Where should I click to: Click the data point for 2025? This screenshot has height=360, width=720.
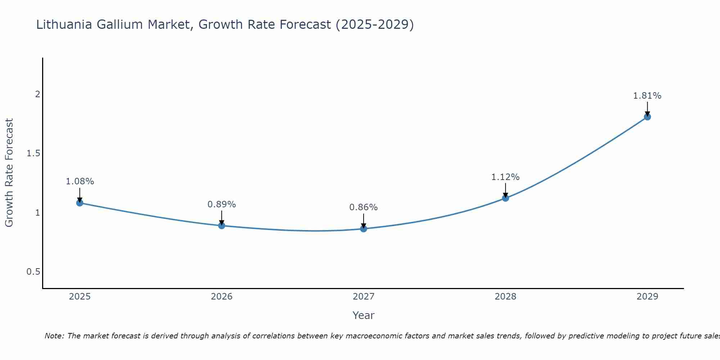point(80,203)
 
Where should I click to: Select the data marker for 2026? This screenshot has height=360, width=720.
point(222,226)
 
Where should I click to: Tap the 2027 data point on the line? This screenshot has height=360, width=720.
point(364,229)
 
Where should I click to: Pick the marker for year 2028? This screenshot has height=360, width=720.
point(505,198)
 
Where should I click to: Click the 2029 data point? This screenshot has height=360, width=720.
point(647,117)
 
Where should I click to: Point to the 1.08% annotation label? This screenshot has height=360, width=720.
point(80,181)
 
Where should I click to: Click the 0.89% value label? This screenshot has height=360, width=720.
point(222,204)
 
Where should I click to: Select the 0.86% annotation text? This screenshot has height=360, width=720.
point(364,207)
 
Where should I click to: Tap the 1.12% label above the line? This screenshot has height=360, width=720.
point(505,177)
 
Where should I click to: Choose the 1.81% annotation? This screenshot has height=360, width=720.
point(647,96)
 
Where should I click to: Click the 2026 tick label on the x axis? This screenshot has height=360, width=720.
point(222,297)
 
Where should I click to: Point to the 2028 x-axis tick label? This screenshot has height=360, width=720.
point(505,297)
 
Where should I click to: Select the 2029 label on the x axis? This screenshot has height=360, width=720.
point(647,297)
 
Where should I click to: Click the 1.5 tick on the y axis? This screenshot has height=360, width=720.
point(33,154)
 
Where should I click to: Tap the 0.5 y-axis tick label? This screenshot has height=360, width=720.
point(33,272)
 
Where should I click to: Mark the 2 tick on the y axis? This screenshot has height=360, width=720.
point(37,94)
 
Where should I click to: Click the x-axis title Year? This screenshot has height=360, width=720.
point(364,315)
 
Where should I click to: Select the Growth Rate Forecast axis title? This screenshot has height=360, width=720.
point(9,173)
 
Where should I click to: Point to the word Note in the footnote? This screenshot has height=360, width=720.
point(54,336)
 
